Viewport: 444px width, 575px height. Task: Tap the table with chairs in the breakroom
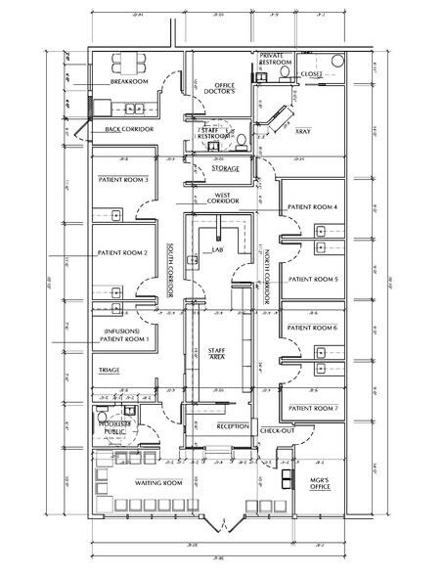(x=129, y=61)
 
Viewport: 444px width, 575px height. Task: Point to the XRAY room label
(x=304, y=128)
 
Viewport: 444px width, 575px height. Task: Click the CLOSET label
(x=312, y=73)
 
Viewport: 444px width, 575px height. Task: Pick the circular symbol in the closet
(x=337, y=61)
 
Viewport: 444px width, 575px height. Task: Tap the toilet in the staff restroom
(x=242, y=140)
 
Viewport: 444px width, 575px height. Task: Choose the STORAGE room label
(x=224, y=169)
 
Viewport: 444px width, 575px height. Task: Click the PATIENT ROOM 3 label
(x=124, y=180)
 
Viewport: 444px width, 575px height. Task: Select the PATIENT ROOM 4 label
(x=312, y=207)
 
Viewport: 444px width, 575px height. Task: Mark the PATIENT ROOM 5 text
(x=312, y=279)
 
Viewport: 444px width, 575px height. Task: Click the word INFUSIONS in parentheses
(x=125, y=332)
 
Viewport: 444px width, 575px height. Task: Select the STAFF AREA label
(x=217, y=355)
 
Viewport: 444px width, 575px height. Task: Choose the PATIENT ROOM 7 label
(x=312, y=407)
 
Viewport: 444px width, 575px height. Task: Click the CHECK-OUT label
(x=278, y=429)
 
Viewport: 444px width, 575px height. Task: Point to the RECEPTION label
(x=231, y=426)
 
